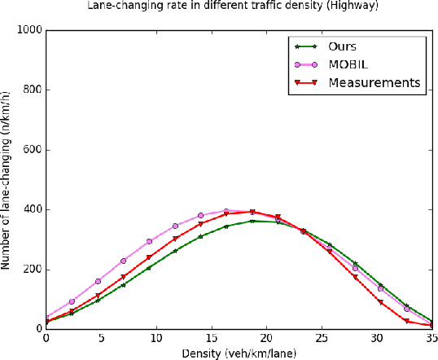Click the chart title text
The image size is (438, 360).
pyautogui.click(x=219, y=7)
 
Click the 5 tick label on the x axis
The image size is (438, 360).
pyautogui.click(x=100, y=338)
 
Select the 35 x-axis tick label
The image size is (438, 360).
pyautogui.click(x=429, y=338)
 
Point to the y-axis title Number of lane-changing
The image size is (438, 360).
pyautogui.click(x=7, y=179)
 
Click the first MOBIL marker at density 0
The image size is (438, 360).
pyautogui.click(x=46, y=317)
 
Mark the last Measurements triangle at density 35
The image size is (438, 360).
pyautogui.click(x=431, y=325)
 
